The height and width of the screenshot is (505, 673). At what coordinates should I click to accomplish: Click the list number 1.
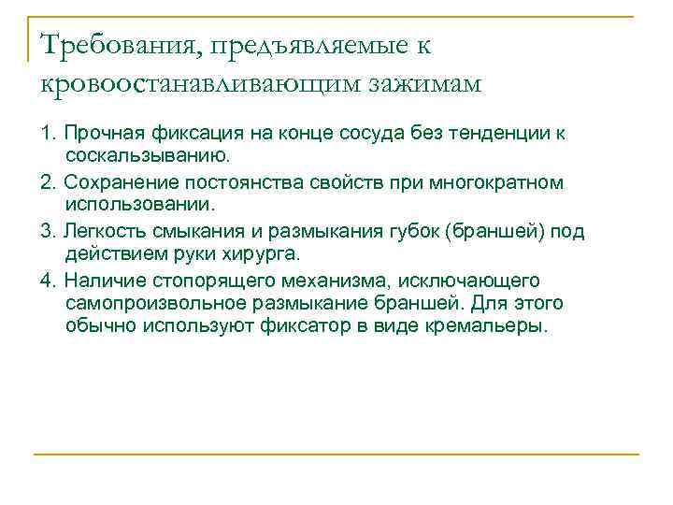tap(46, 133)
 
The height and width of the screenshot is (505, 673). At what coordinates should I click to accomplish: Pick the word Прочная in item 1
tap(99, 133)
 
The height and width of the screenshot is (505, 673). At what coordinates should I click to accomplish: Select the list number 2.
tap(46, 181)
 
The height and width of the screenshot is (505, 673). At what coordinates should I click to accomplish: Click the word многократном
tap(502, 181)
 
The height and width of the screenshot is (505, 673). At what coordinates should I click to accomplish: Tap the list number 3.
tap(46, 231)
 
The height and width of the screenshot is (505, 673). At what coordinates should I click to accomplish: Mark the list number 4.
tap(46, 281)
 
